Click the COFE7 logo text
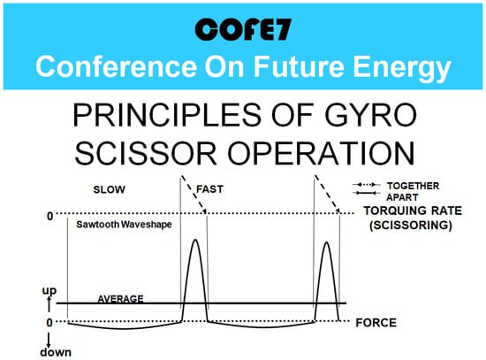click(x=243, y=29)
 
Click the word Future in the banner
click(x=299, y=66)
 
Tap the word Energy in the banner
click(x=402, y=69)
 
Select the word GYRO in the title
click(x=371, y=114)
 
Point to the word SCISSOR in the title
click(x=146, y=153)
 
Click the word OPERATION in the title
click(x=321, y=153)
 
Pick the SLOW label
click(x=109, y=189)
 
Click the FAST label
click(x=209, y=189)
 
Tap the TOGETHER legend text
click(x=413, y=186)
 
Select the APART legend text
click(x=402, y=197)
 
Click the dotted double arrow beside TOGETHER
click(x=367, y=185)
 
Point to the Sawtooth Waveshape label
click(x=124, y=224)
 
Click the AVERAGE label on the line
click(x=120, y=299)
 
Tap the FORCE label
click(x=376, y=323)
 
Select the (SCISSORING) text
click(x=411, y=225)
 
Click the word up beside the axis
click(x=49, y=291)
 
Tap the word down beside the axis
click(x=56, y=352)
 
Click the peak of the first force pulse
click(x=195, y=240)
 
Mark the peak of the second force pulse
click(x=326, y=241)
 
